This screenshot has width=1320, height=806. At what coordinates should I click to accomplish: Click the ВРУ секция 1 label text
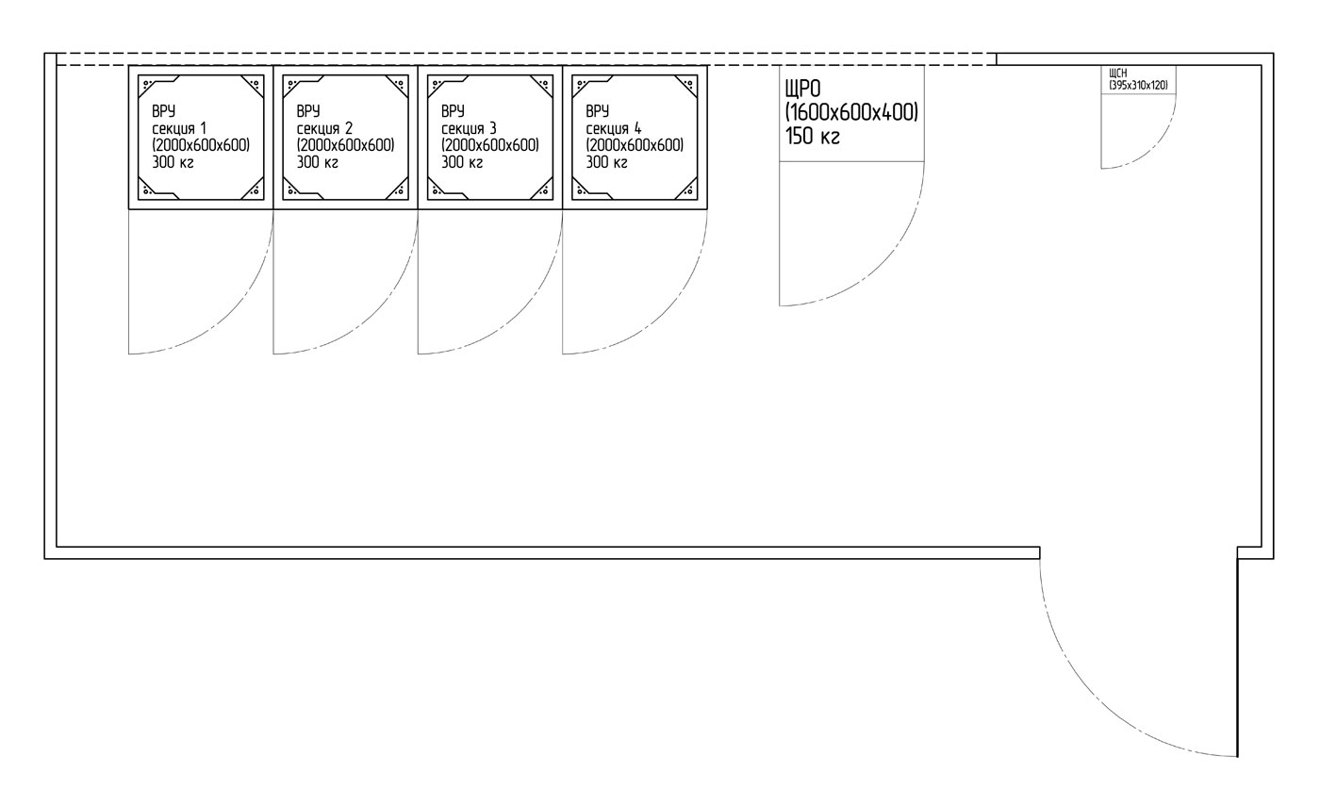pyautogui.click(x=179, y=120)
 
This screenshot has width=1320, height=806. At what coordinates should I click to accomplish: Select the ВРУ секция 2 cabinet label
pyautogui.click(x=324, y=120)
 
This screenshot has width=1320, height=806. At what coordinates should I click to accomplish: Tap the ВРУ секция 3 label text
pyautogui.click(x=470, y=120)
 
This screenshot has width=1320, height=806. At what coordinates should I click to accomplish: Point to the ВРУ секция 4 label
pyautogui.click(x=614, y=120)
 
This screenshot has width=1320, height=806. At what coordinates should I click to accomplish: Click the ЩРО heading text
pyautogui.click(x=802, y=89)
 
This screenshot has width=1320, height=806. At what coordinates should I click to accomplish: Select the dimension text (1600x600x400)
pyautogui.click(x=851, y=112)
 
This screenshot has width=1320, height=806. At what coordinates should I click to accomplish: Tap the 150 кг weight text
pyautogui.click(x=812, y=136)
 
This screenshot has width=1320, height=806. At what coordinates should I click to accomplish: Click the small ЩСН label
pyautogui.click(x=1118, y=74)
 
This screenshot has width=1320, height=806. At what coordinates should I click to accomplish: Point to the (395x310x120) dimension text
pyautogui.click(x=1139, y=86)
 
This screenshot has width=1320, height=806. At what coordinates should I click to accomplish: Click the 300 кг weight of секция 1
pyautogui.click(x=173, y=162)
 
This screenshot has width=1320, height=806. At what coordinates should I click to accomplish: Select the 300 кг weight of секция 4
pyautogui.click(x=606, y=162)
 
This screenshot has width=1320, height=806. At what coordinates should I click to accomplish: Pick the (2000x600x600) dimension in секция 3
pyautogui.click(x=489, y=145)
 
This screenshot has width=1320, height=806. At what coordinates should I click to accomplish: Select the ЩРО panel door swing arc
pyautogui.click(x=883, y=263)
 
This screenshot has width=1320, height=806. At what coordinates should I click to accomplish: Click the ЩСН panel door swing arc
pyautogui.click(x=1154, y=147)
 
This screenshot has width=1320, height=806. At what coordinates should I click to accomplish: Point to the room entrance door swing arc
pyautogui.click(x=1097, y=699)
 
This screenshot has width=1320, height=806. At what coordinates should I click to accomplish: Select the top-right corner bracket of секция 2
pyautogui.click(x=398, y=86)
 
